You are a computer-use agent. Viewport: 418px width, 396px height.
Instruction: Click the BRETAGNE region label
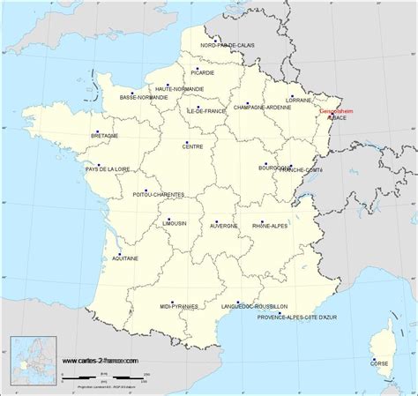pyautogui.click(x=104, y=135)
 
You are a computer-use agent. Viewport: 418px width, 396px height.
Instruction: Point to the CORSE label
pyautogui.click(x=378, y=362)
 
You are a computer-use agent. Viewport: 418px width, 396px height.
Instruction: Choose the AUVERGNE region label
pyautogui.click(x=223, y=225)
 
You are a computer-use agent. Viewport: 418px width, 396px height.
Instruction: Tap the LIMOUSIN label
pyautogui.click(x=174, y=224)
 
